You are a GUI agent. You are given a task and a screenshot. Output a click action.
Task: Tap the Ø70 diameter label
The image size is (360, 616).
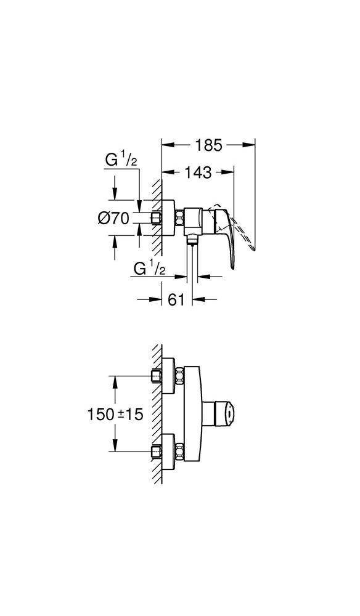point(113,218)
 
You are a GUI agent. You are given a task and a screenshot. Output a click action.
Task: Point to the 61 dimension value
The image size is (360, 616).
point(176,299)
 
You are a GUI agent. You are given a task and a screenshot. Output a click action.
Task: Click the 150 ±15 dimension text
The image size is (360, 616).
point(115,414)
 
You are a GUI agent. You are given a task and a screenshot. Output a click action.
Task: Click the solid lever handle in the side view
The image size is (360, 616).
point(226,233)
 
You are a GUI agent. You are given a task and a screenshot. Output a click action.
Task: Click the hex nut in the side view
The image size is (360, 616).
point(179,218)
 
